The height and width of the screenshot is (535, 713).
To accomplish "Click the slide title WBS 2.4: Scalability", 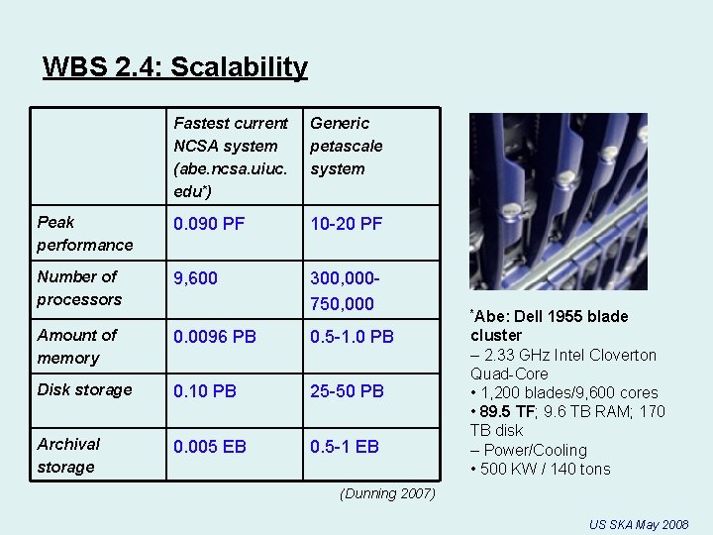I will (175, 67).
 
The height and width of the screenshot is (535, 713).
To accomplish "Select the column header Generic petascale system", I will (347, 146).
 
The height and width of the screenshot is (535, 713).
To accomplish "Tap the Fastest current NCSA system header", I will (231, 157).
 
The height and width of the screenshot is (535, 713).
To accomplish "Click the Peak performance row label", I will (85, 233).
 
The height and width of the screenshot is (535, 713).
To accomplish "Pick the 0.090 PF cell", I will (209, 224).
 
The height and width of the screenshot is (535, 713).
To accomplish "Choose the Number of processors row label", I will (79, 287).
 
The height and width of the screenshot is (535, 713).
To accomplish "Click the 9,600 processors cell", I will (196, 279).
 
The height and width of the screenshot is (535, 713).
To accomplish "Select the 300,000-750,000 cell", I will (343, 291).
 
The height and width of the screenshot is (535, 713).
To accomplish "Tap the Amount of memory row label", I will (76, 346).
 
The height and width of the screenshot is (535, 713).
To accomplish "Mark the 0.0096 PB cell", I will (215, 337).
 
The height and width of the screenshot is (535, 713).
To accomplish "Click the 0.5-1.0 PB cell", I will (353, 337).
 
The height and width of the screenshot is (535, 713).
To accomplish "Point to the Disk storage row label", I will (84, 389).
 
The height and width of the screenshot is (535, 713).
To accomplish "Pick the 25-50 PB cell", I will (347, 391).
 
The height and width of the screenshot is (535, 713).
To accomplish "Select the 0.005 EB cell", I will (210, 447).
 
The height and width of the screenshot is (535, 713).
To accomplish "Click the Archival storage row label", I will (68, 455).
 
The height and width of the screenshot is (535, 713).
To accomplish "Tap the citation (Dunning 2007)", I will (386, 493).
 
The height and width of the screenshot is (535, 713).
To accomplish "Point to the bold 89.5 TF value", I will (510, 411).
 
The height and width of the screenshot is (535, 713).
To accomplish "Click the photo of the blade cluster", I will (558, 201).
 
